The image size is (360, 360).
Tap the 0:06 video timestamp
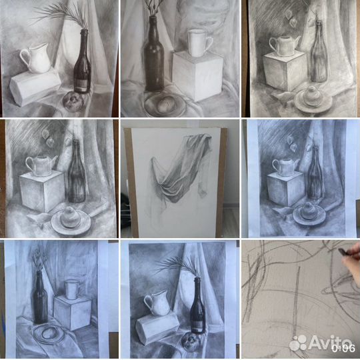pos(343,349)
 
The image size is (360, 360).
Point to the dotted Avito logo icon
pos(298,343)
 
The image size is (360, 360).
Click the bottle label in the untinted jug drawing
pos(81,85)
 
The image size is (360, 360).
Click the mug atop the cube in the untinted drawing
pos(199,43)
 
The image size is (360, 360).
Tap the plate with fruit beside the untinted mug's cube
pos(165,105)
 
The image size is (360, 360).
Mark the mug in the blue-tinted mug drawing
pos(72,289)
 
